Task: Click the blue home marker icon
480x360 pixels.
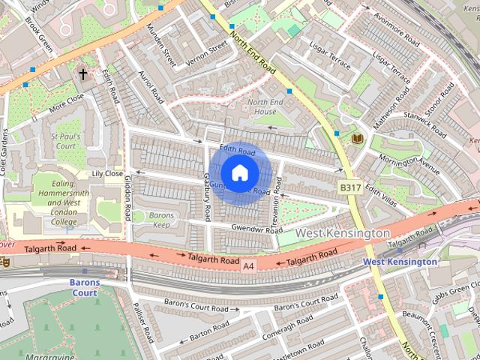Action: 239,172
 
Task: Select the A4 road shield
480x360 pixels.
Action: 249,265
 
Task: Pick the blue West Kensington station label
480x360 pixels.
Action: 400,262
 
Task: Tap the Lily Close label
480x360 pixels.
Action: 106,173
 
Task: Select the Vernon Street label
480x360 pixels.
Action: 206,52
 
